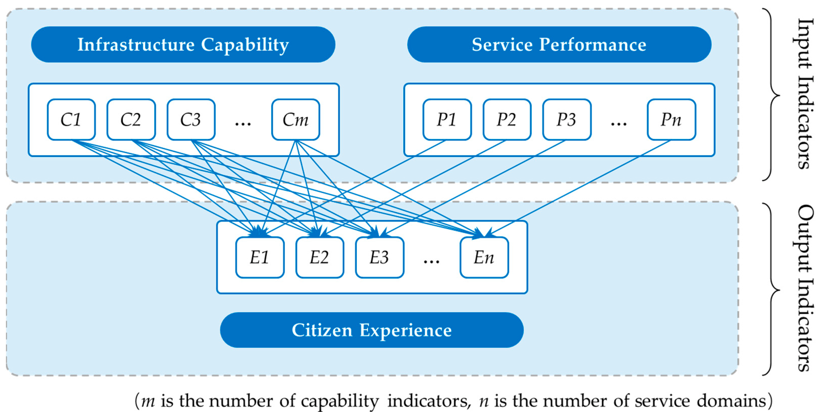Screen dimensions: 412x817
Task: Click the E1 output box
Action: point(259,257)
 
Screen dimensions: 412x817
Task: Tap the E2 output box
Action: point(319,257)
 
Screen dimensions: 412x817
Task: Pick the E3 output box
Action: point(379,257)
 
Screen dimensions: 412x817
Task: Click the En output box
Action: point(484,257)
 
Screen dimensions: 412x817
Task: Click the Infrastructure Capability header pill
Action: point(183,44)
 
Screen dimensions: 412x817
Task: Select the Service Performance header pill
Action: point(559,44)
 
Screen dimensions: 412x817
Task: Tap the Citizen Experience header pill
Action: point(371,330)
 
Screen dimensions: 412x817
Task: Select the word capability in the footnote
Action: point(340,401)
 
